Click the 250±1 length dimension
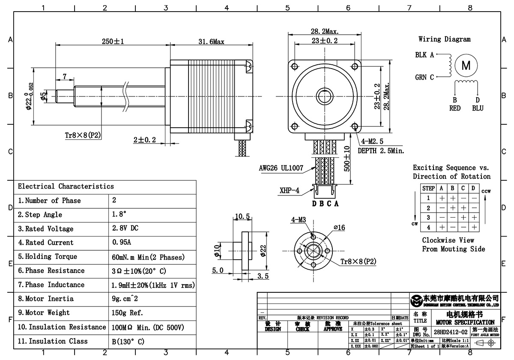click(113, 42)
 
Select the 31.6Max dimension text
click(211, 42)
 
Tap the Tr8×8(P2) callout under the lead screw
click(83, 135)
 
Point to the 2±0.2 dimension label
click(144, 140)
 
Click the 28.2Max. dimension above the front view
click(325, 31)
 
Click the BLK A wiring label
click(424, 55)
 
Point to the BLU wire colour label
click(477, 108)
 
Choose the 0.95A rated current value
click(122, 243)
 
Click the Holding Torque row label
click(48, 257)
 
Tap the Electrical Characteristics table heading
click(66, 186)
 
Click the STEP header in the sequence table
click(428, 188)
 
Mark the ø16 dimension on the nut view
click(339, 228)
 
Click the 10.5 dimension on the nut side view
click(242, 216)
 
